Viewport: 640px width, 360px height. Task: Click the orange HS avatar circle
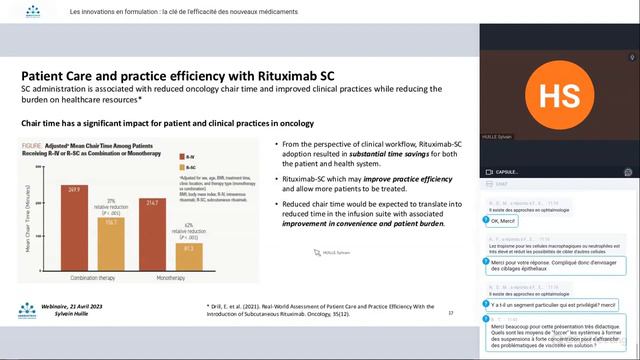click(x=558, y=95)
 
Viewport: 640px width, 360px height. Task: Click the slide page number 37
click(x=451, y=313)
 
